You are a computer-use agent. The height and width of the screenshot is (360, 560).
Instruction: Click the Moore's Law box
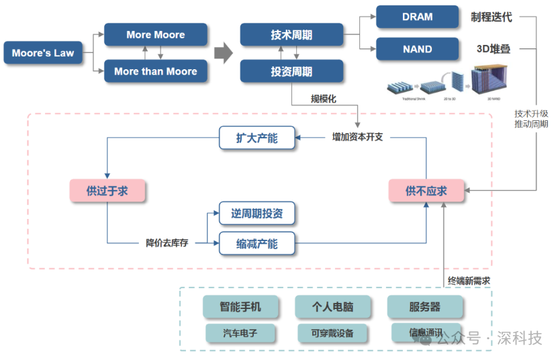click(43, 53)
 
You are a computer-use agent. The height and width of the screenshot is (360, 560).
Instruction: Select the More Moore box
click(156, 35)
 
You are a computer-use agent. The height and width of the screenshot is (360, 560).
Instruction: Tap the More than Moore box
click(156, 71)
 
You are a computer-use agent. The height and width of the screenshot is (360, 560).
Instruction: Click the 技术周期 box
click(291, 35)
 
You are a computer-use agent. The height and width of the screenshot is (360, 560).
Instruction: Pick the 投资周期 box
click(291, 71)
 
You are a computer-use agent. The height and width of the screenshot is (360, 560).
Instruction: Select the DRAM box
click(417, 17)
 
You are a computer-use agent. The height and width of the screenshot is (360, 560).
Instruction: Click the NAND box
click(417, 49)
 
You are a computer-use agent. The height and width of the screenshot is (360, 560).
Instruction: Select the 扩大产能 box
click(257, 138)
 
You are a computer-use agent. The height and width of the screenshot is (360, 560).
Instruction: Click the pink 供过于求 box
click(107, 191)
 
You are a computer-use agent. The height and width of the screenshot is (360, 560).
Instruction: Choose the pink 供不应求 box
click(426, 191)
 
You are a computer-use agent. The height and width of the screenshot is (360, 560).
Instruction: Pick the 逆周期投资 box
click(257, 214)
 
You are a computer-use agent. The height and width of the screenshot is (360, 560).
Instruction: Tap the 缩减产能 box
click(257, 243)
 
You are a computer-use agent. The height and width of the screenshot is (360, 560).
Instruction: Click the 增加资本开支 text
click(357, 138)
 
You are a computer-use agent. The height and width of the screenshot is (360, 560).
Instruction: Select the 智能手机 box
click(240, 307)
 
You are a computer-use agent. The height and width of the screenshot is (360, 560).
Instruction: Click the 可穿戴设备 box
click(332, 332)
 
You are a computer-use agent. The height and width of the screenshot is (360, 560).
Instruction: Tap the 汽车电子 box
click(240, 332)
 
